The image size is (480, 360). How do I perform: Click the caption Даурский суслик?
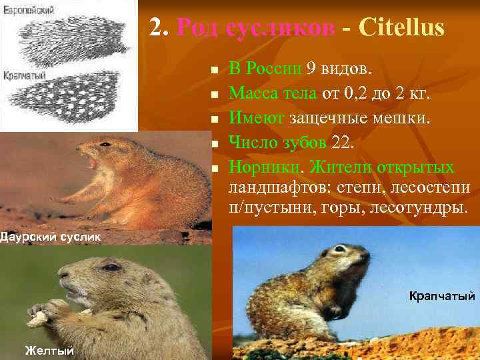[x=49, y=236]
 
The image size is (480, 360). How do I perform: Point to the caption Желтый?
[x=49, y=351]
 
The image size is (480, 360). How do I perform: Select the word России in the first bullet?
[x=275, y=68]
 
